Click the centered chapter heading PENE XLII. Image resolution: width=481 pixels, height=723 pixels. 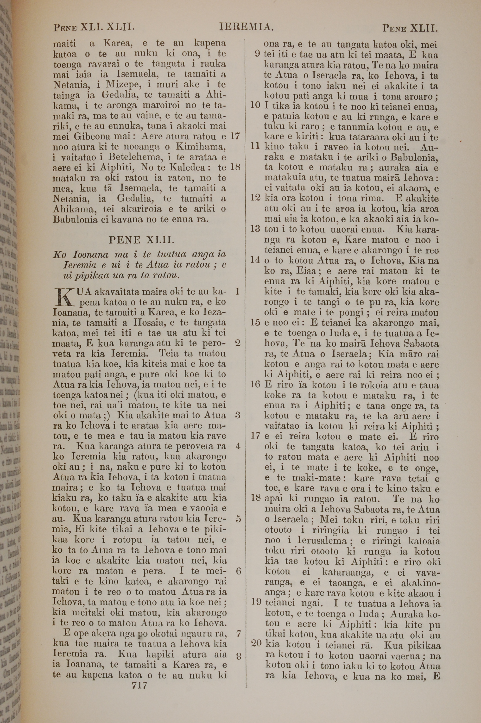(142, 239)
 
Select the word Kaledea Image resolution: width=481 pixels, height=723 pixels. (187, 168)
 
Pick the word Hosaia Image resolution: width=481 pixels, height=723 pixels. (149, 322)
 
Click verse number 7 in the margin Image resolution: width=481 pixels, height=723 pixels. (238, 634)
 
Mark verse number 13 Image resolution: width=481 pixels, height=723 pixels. (255, 229)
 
